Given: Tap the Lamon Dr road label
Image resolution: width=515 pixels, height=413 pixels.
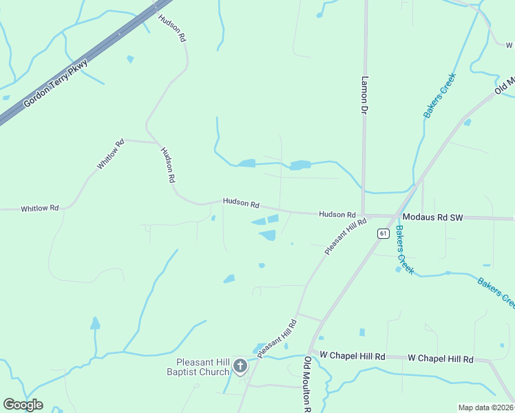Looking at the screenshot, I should pyautogui.click(x=364, y=94).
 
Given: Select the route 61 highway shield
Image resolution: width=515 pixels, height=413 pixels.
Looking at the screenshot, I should pyautogui.click(x=383, y=233).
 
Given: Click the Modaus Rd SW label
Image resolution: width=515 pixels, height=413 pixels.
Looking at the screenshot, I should pyautogui.click(x=432, y=218).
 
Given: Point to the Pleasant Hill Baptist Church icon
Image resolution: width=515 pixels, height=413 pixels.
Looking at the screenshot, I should pyautogui.click(x=240, y=366).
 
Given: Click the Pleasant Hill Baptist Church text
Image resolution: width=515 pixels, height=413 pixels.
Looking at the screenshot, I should pyautogui.click(x=202, y=367).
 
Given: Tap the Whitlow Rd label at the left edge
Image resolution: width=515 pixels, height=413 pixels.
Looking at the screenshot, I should pyautogui.click(x=39, y=208).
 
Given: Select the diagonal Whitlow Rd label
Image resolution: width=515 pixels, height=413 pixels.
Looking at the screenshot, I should pyautogui.click(x=110, y=154).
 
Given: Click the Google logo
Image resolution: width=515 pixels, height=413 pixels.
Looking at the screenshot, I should pyautogui.click(x=23, y=405).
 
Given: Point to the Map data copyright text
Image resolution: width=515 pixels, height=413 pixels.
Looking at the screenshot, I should pyautogui.click(x=486, y=407).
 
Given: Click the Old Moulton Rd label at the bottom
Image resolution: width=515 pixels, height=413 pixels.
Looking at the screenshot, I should pyautogui.click(x=308, y=384).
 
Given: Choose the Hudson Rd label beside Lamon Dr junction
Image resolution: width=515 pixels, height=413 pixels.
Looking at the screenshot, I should pyautogui.click(x=337, y=215).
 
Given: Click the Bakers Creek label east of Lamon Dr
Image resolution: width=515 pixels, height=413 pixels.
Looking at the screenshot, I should pyautogui.click(x=440, y=96).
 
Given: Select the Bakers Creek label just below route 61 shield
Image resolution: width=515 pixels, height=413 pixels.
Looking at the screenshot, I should pyautogui.click(x=405, y=257).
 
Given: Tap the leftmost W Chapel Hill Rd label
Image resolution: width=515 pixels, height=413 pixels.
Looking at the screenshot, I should pyautogui.click(x=353, y=356).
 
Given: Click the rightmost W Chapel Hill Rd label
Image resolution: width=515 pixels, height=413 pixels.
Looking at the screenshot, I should pyautogui.click(x=441, y=359).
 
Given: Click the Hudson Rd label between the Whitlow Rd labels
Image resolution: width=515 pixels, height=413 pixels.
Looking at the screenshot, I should pyautogui.click(x=168, y=165).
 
